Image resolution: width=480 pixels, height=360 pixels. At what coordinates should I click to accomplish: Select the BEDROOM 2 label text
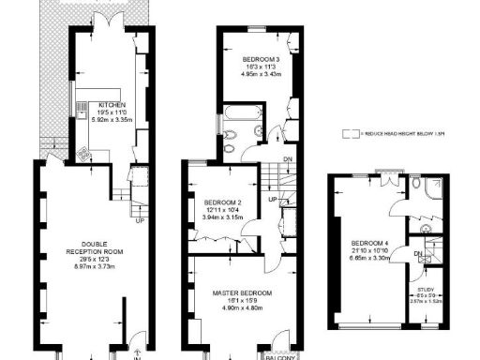tap(223, 202)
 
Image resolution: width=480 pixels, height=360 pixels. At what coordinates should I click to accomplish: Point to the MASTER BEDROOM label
tap(242, 292)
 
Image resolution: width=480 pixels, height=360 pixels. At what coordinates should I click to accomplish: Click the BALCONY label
tap(280, 355)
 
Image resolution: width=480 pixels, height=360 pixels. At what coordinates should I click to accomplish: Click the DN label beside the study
tap(419, 254)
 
